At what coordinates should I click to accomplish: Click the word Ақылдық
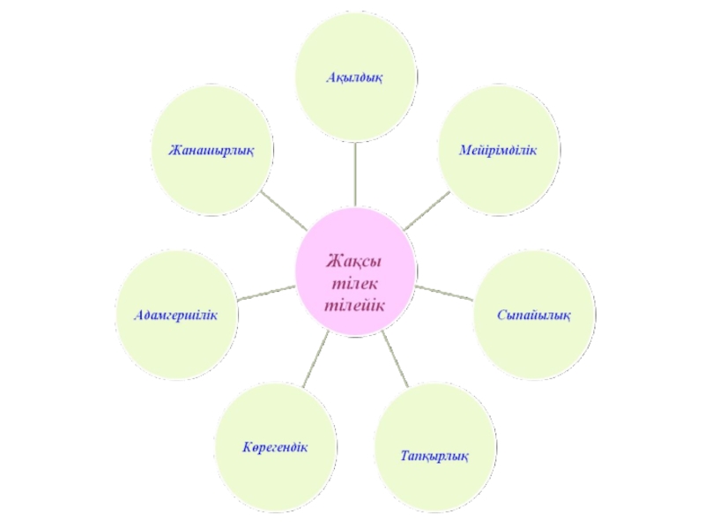pyautogui.click(x=357, y=77)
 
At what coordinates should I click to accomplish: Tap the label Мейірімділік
pyautogui.click(x=498, y=151)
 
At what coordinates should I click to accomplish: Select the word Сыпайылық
pyautogui.click(x=533, y=315)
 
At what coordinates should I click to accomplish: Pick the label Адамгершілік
pyautogui.click(x=175, y=315)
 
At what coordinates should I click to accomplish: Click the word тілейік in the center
pyautogui.click(x=356, y=306)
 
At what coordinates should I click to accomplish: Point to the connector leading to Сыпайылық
pyautogui.click(x=446, y=291)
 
